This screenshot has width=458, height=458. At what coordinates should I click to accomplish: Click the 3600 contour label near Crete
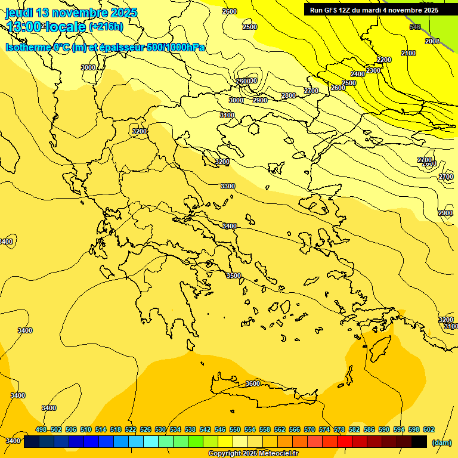click(x=253, y=383)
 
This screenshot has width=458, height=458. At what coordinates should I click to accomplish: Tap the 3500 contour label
click(x=234, y=276)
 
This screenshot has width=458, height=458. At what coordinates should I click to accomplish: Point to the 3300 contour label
click(x=228, y=187)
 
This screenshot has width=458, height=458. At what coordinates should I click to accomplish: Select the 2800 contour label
click(x=289, y=96)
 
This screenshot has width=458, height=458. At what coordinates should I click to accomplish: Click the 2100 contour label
click(x=409, y=54)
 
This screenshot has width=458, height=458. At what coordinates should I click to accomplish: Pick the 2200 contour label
click(x=384, y=60)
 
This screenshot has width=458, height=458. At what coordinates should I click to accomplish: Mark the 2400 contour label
click(x=358, y=74)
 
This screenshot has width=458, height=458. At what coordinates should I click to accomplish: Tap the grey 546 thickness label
click(x=416, y=27)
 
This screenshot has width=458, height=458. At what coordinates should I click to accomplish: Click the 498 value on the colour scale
click(x=41, y=429)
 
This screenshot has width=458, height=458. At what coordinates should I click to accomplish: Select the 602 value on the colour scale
click(x=429, y=429)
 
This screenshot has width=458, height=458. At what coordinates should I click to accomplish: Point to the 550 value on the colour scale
click(x=235, y=429)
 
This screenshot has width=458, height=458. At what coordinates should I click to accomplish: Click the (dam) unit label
click(x=441, y=442)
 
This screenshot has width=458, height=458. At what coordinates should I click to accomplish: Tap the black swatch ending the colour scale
click(x=419, y=441)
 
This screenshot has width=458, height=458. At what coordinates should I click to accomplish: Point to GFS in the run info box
click(x=332, y=10)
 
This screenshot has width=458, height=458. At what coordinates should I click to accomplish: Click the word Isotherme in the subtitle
click(x=27, y=47)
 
